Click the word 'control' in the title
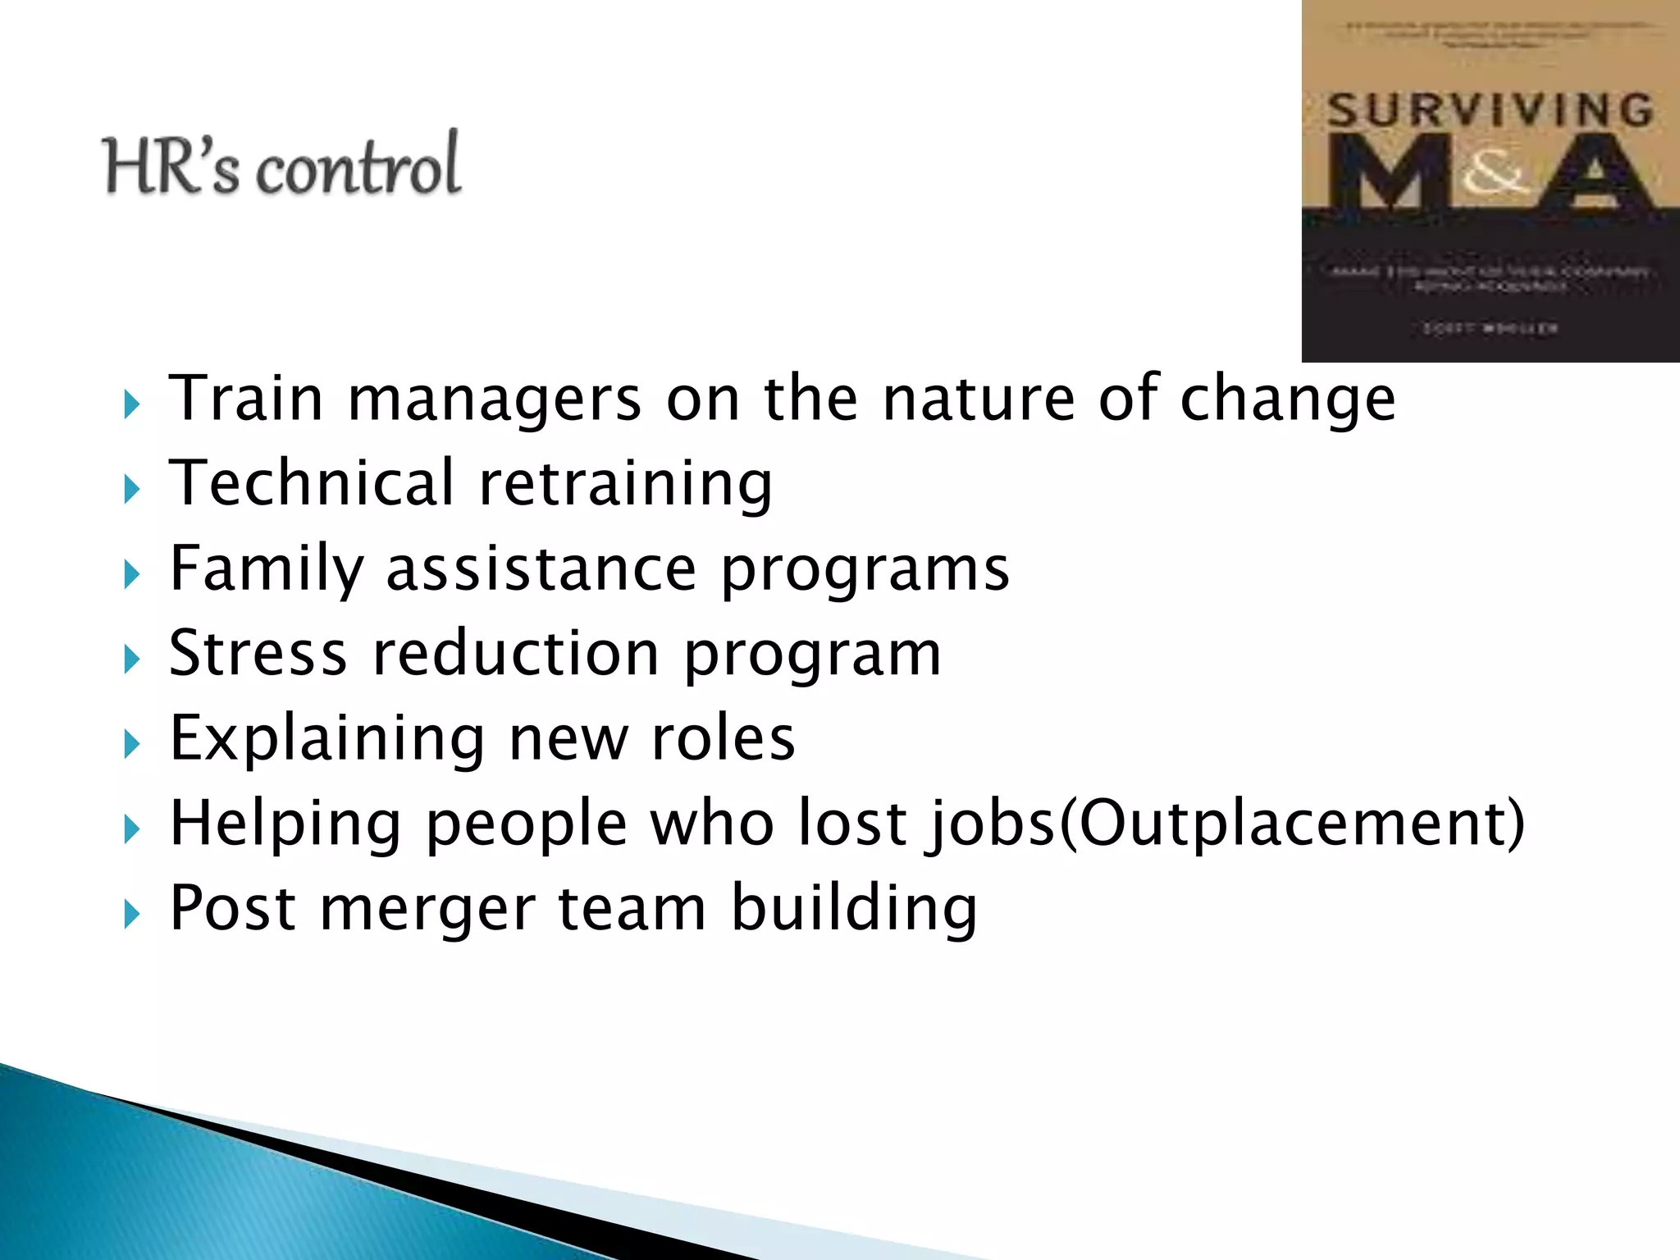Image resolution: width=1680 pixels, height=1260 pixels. (x=358, y=166)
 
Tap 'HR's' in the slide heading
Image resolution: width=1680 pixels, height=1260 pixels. (x=171, y=167)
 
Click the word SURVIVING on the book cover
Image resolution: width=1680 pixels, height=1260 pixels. (x=1490, y=111)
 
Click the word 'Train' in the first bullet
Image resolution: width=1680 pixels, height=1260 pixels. (x=246, y=399)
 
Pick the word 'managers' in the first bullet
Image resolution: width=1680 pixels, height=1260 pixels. (x=495, y=400)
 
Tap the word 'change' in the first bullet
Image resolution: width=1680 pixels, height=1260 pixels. (x=1287, y=400)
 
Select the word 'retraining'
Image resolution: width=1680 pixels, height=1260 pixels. (x=625, y=484)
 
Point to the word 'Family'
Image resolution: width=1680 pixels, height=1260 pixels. (x=267, y=568)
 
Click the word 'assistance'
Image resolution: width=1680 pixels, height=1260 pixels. (x=541, y=568)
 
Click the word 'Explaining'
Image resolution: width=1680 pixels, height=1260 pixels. (x=327, y=739)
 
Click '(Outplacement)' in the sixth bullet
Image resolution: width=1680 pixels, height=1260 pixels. (x=1293, y=824)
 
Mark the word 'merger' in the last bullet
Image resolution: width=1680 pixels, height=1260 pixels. (x=427, y=909)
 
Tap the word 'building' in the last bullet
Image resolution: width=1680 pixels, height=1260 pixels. (x=853, y=909)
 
